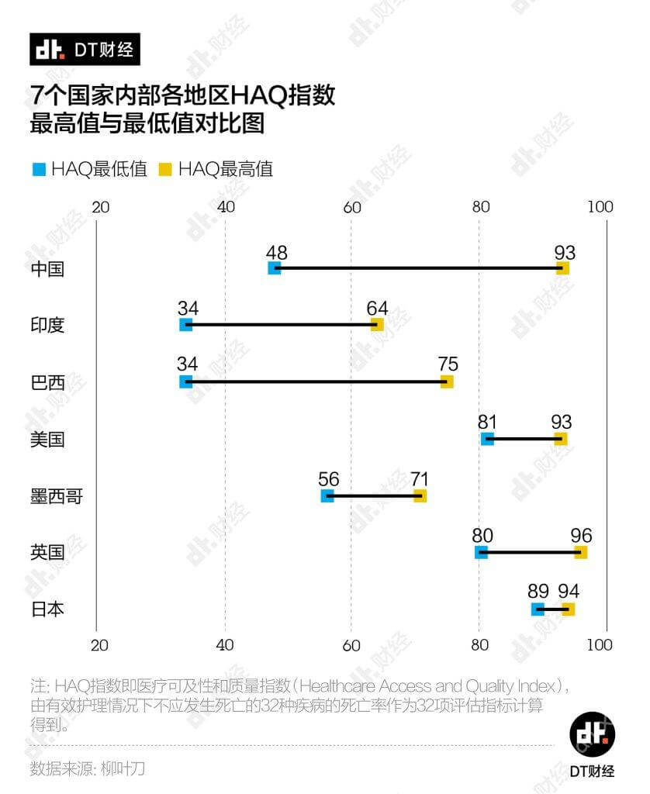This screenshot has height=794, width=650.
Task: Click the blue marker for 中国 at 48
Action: click(274, 268)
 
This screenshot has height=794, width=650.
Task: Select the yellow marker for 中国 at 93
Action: click(562, 268)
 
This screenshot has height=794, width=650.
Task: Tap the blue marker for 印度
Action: click(185, 325)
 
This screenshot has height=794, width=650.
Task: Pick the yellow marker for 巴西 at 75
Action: click(446, 381)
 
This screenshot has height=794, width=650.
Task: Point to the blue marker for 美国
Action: click(487, 439)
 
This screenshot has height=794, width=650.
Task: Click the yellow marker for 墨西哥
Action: click(420, 495)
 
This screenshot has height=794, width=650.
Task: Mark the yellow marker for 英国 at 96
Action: click(580, 552)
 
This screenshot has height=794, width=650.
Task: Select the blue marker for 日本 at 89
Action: click(538, 609)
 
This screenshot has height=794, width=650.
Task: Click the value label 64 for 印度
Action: click(378, 308)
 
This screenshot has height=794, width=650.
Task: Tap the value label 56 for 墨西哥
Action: click(329, 479)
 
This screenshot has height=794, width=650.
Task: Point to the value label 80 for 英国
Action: click(482, 536)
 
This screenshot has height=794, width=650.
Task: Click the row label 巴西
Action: click(47, 382)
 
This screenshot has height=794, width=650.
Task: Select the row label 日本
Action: click(47, 609)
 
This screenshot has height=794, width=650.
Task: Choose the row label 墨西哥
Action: click(56, 496)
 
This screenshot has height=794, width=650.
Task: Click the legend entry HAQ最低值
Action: click(88, 169)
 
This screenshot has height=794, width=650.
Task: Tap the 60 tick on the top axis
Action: click(352, 207)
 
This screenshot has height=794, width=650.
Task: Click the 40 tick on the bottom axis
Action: click(225, 644)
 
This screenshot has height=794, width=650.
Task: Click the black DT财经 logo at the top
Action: click(85, 50)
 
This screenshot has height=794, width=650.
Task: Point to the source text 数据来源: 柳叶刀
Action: click(88, 769)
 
